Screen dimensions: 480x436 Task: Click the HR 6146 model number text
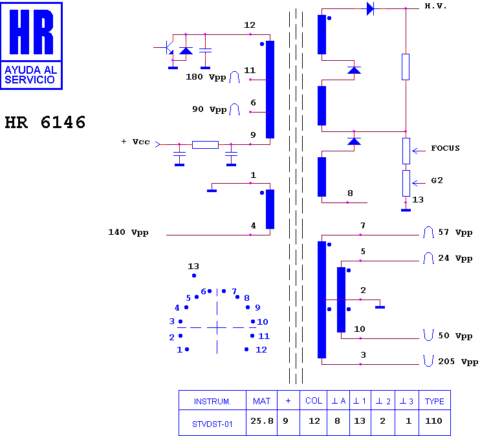coord(45,122)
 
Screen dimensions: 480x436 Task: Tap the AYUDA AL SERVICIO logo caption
coord(31,74)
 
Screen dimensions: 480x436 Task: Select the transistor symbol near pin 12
coord(168,48)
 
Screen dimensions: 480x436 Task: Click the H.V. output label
coord(435,6)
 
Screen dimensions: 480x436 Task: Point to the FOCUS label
coord(446,148)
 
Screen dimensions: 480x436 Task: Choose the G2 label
coord(437,180)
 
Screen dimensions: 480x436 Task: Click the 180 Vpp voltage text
coord(206,77)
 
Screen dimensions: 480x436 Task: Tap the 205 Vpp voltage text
coord(458,362)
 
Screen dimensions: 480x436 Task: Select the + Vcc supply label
coord(135,142)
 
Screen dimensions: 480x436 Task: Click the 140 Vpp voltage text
coord(128,232)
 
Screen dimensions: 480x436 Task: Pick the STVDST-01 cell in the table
coord(212,424)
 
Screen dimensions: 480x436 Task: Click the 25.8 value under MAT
coord(262,421)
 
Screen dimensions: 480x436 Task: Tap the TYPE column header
coord(434,401)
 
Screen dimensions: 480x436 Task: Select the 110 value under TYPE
coord(433,421)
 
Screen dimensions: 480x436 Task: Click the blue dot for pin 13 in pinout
coord(194,276)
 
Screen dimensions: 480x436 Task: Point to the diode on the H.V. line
coord(371,8)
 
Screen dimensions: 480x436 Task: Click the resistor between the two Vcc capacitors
coord(205,145)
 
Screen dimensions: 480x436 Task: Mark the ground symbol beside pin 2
coord(380,307)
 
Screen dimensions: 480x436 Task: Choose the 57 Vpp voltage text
coord(455,232)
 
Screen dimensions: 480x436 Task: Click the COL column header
coord(314,401)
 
